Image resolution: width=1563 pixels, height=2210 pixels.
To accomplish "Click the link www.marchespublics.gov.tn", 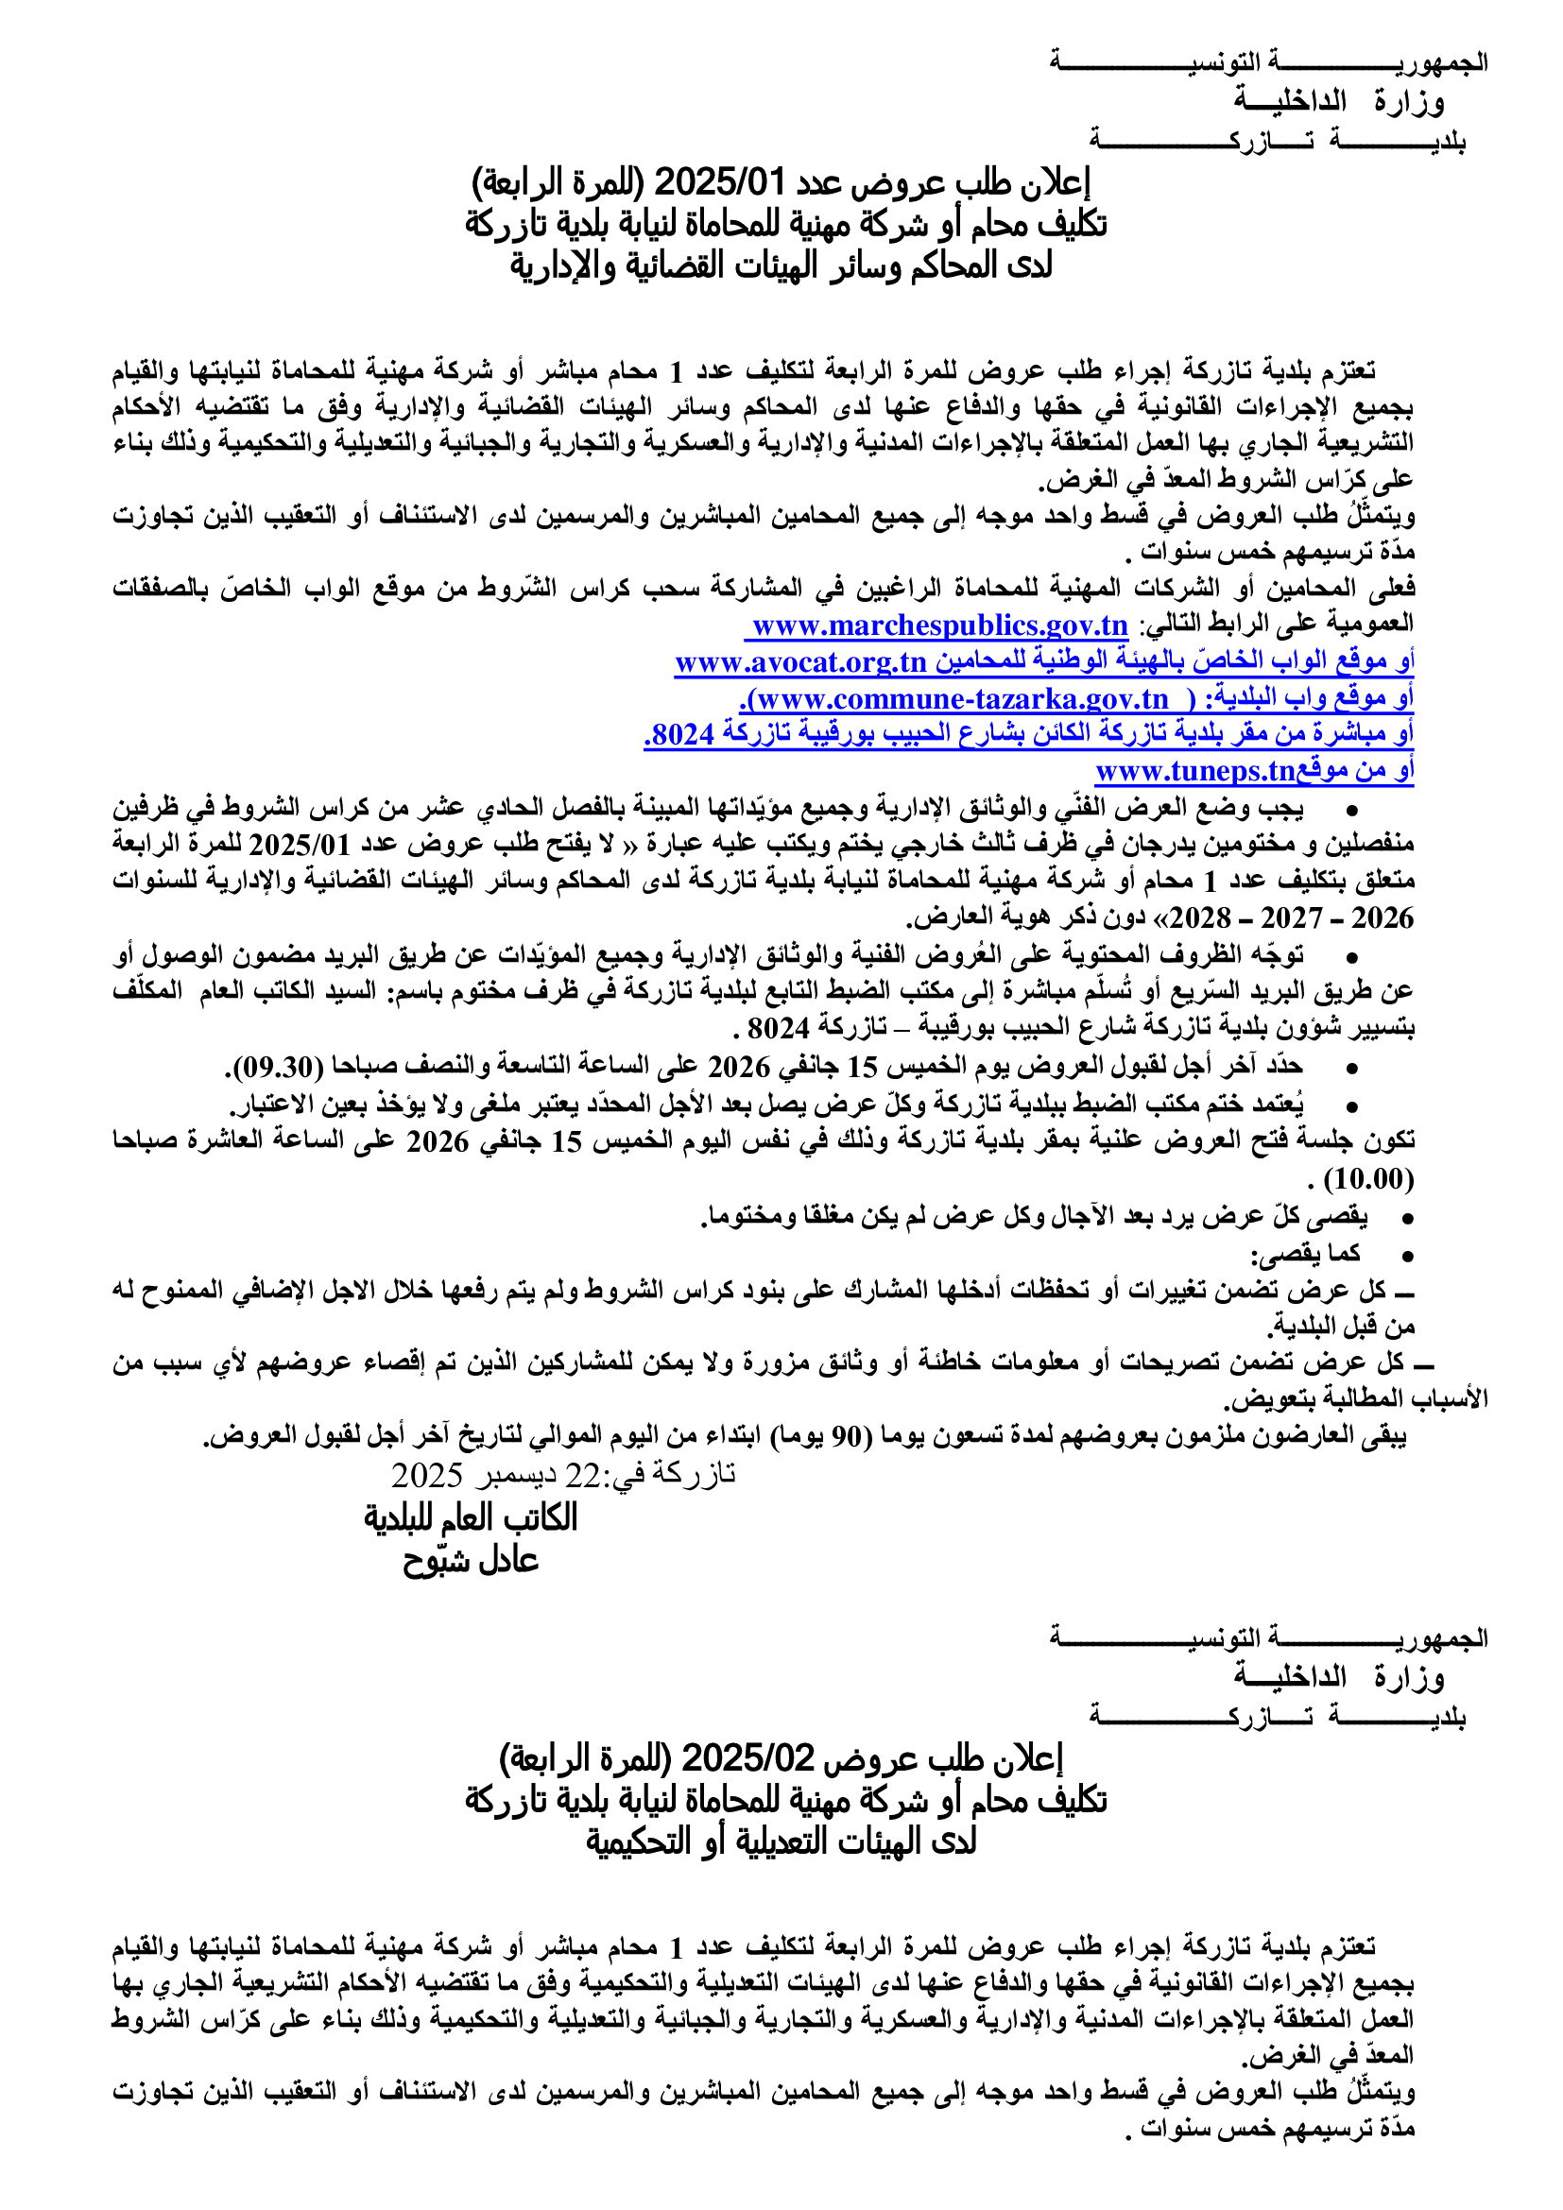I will [939, 625].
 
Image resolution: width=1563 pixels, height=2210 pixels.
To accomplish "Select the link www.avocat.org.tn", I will [800, 662].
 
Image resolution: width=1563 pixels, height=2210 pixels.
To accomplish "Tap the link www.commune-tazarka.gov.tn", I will [962, 699].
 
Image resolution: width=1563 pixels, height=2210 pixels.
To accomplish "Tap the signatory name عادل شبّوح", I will [471, 1560].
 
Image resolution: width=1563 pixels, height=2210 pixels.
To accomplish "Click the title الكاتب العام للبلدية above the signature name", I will [471, 1518].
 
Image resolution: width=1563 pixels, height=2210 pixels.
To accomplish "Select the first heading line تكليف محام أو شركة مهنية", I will [785, 223].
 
